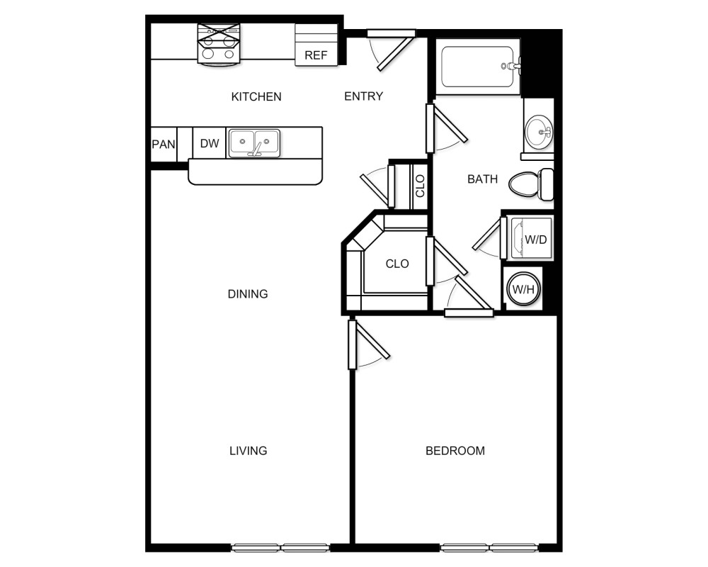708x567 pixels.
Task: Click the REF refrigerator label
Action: [x=316, y=55]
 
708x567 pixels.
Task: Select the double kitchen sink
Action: [x=254, y=142]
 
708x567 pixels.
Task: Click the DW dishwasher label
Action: [x=209, y=143]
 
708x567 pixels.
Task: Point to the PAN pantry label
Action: [x=164, y=144]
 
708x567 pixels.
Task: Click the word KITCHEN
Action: [x=256, y=96]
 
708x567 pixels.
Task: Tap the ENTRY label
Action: [x=363, y=96]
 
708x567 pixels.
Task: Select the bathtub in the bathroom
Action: [x=476, y=67]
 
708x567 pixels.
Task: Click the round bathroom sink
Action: [x=539, y=131]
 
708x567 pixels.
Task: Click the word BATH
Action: [x=482, y=179]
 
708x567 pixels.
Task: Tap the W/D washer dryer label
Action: [x=535, y=239]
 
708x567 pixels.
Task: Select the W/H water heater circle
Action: [x=523, y=289]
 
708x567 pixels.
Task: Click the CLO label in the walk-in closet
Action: [x=397, y=264]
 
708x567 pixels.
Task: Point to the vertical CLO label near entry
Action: [x=420, y=186]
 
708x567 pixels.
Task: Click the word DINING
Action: [x=248, y=293]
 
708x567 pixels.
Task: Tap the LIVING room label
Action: [x=248, y=450]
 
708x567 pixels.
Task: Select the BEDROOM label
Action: [x=455, y=450]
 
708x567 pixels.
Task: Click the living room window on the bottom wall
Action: [x=281, y=547]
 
